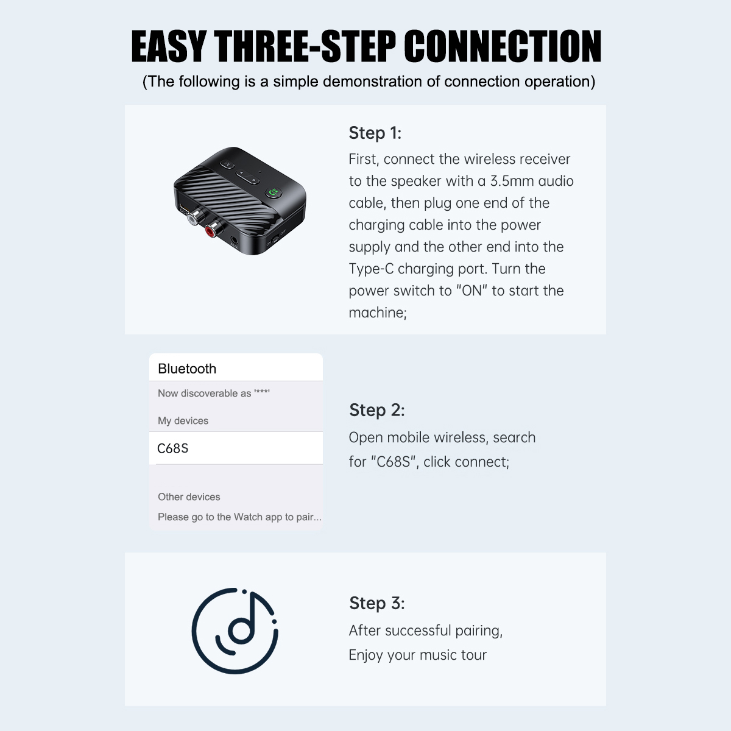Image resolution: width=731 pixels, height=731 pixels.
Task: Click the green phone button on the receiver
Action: pyautogui.click(x=273, y=192)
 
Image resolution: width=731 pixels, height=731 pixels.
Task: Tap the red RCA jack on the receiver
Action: pyautogui.click(x=211, y=230)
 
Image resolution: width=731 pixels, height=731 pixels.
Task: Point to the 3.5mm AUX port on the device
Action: pyautogui.click(x=235, y=240)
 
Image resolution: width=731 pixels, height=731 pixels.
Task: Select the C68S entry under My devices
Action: pyautogui.click(x=172, y=448)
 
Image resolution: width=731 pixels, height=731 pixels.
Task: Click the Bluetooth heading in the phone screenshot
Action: pyautogui.click(x=187, y=369)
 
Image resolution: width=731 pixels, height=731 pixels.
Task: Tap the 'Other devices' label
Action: pyautogui.click(x=189, y=497)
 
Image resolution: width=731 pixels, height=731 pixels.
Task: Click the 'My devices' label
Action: pyautogui.click(x=183, y=421)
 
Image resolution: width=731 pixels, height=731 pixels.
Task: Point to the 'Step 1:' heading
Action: pyautogui.click(x=375, y=133)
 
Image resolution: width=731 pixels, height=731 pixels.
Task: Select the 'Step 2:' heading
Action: pyautogui.click(x=376, y=410)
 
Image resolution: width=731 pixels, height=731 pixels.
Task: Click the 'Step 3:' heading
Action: pyautogui.click(x=376, y=603)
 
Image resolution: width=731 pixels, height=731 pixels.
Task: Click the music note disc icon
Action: pyautogui.click(x=235, y=631)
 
